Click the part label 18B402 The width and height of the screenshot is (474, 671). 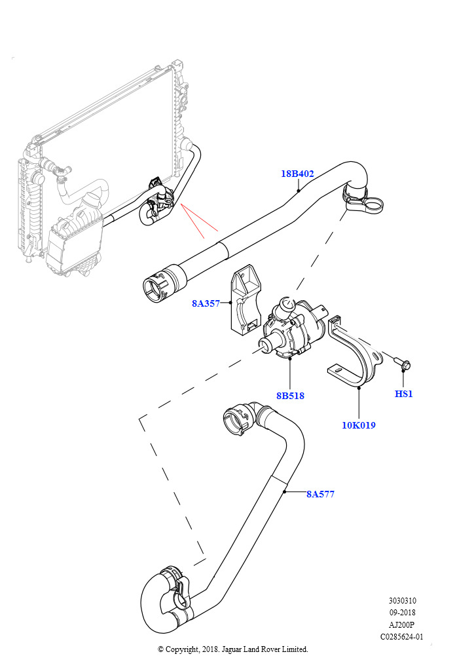pyautogui.click(x=297, y=174)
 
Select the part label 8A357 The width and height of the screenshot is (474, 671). pyautogui.click(x=206, y=303)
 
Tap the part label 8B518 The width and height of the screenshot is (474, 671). pyautogui.click(x=290, y=396)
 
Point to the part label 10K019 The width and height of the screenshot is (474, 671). pyautogui.click(x=359, y=425)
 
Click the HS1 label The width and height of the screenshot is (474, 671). pyautogui.click(x=403, y=394)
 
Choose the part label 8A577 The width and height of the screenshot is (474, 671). pyautogui.click(x=321, y=494)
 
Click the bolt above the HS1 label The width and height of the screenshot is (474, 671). pyautogui.click(x=402, y=364)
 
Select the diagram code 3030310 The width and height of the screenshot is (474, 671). pyautogui.click(x=402, y=601)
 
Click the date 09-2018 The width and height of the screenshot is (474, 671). pyautogui.click(x=402, y=613)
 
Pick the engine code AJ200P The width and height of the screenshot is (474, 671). pyautogui.click(x=402, y=624)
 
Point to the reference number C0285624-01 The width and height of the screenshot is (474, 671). pyautogui.click(x=402, y=637)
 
